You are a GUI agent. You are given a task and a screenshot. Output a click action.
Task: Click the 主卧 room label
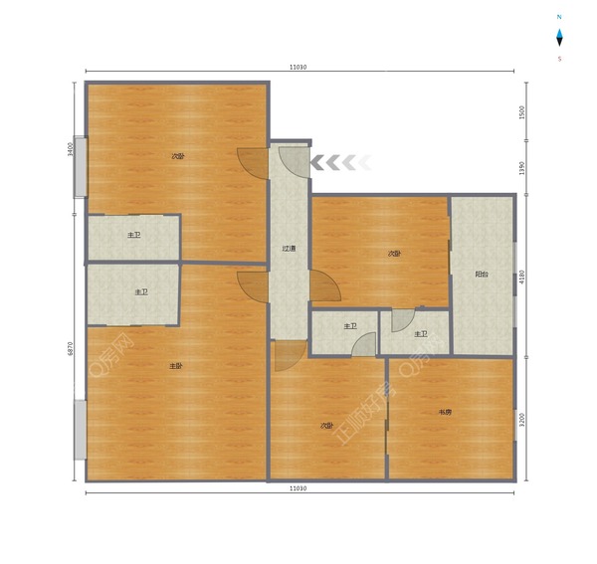point(176,366)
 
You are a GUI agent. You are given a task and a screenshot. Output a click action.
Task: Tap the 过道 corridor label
point(289,250)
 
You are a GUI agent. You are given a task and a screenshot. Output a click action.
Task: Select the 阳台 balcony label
point(482,274)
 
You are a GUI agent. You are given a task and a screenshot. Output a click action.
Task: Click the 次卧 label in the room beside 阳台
point(394,254)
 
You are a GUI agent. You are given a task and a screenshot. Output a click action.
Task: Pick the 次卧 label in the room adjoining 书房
point(325,426)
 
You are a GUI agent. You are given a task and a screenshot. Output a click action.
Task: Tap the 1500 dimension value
point(521,112)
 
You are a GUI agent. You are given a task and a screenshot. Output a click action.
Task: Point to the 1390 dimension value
point(521,166)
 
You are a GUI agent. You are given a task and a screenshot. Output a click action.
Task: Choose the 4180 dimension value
point(521,276)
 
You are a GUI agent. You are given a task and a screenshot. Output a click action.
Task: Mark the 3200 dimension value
point(521,420)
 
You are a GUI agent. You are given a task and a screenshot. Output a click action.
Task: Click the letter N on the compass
point(559,18)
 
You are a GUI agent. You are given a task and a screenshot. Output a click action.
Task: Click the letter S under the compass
point(559,59)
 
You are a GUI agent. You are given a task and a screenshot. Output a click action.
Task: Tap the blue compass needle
point(559,38)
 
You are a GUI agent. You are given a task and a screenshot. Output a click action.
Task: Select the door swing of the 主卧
point(252,285)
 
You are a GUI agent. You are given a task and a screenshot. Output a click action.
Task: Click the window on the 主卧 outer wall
point(80,430)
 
